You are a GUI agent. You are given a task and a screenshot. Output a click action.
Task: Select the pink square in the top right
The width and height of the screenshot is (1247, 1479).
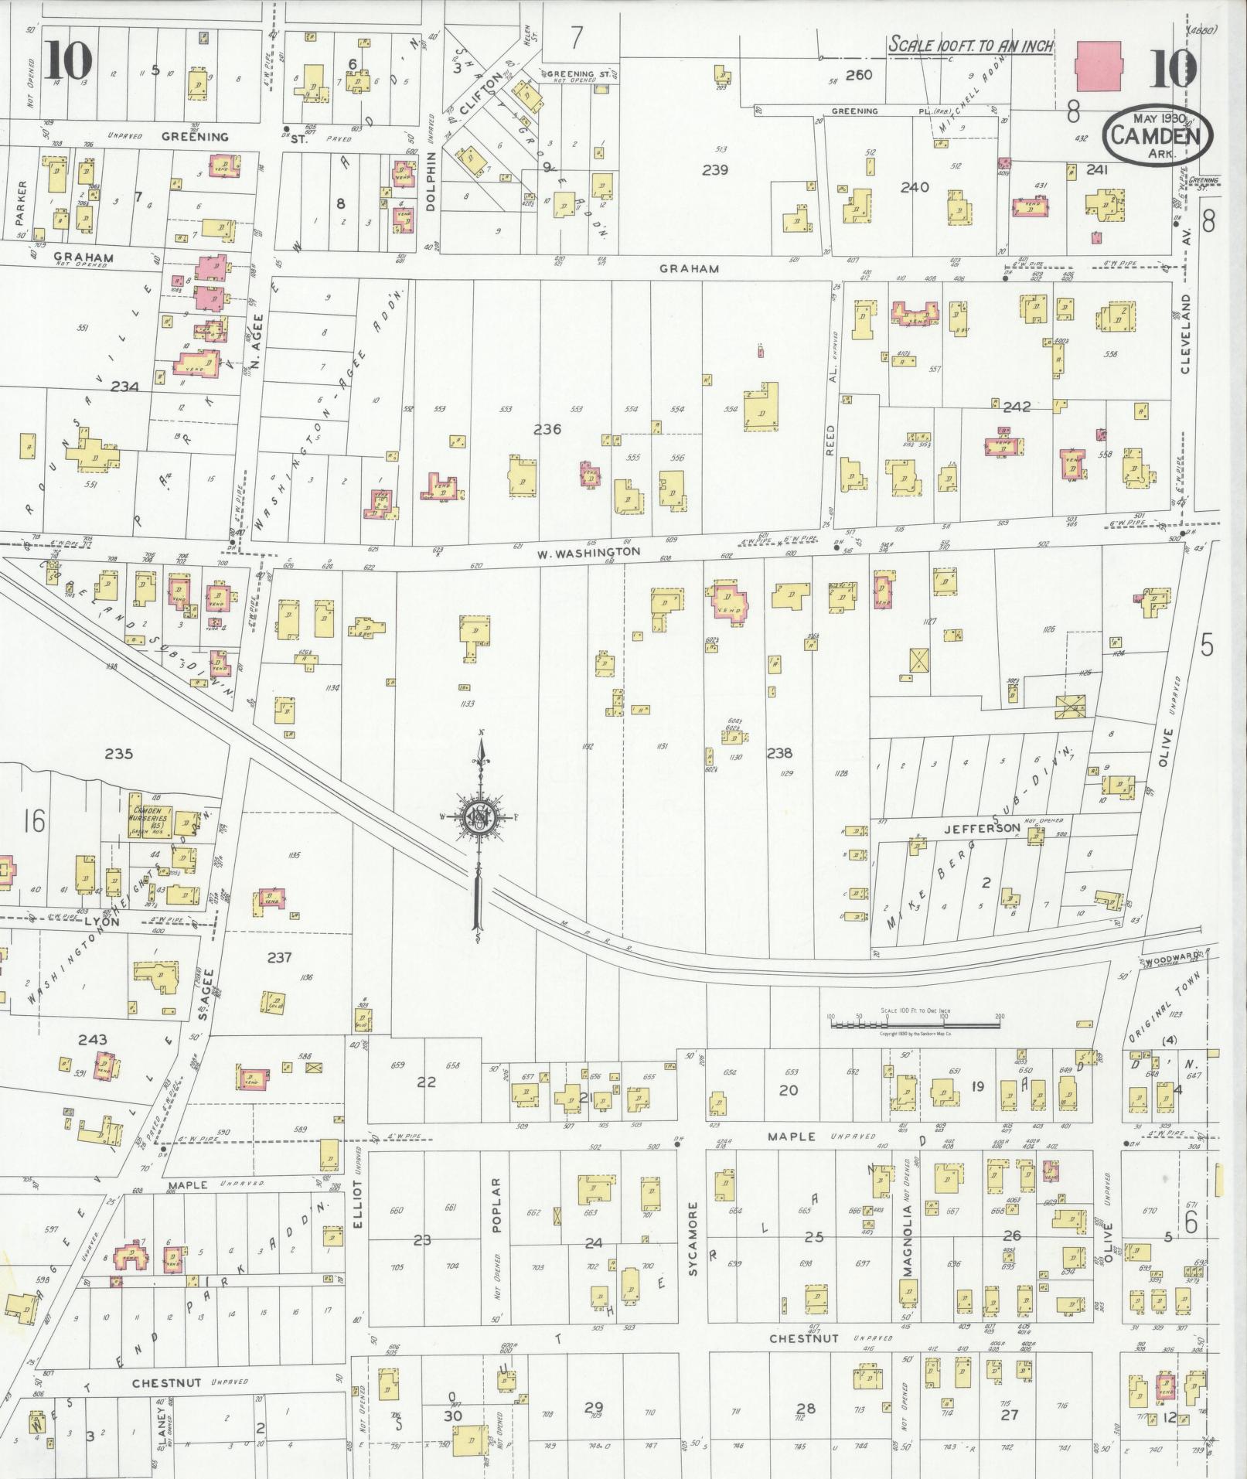tap(1098, 66)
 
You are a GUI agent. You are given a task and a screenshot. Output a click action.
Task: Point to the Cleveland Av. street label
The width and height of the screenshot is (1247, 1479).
tap(1186, 332)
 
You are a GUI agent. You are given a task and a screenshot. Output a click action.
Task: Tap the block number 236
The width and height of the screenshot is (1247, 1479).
tap(547, 429)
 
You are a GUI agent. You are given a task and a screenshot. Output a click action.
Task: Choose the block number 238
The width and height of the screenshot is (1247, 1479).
tap(779, 752)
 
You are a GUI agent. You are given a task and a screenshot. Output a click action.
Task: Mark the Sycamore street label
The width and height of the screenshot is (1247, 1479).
tap(693, 1249)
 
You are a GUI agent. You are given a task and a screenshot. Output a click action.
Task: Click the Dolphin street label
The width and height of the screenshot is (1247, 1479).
tap(431, 179)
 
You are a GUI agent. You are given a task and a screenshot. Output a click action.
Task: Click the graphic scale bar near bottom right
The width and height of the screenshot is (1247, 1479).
tap(915, 1024)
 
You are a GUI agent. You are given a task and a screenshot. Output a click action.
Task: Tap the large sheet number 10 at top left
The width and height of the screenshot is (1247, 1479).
tap(67, 59)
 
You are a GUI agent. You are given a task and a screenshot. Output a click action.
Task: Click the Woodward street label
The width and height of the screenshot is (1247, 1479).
tap(1174, 956)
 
